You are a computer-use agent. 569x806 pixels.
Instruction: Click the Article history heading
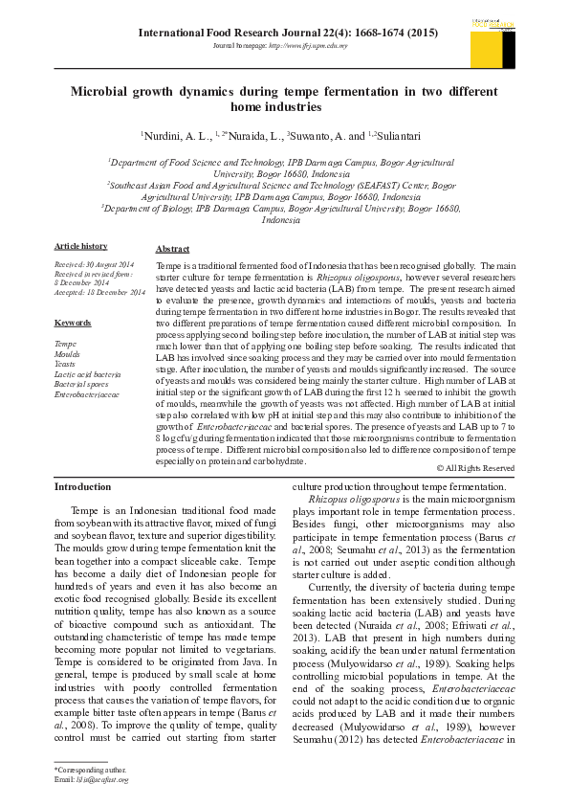81,246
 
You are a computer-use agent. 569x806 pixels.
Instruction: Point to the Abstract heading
172,248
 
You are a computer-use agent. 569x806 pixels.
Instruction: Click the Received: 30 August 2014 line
95,264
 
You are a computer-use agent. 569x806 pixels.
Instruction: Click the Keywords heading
73,323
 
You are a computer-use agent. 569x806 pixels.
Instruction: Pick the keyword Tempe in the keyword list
66,343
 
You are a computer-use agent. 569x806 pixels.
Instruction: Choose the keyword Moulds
68,353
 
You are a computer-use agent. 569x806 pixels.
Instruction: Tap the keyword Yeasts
65,364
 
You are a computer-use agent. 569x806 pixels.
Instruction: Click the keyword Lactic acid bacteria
87,373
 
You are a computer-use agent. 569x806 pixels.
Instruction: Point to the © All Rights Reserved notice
475,468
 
